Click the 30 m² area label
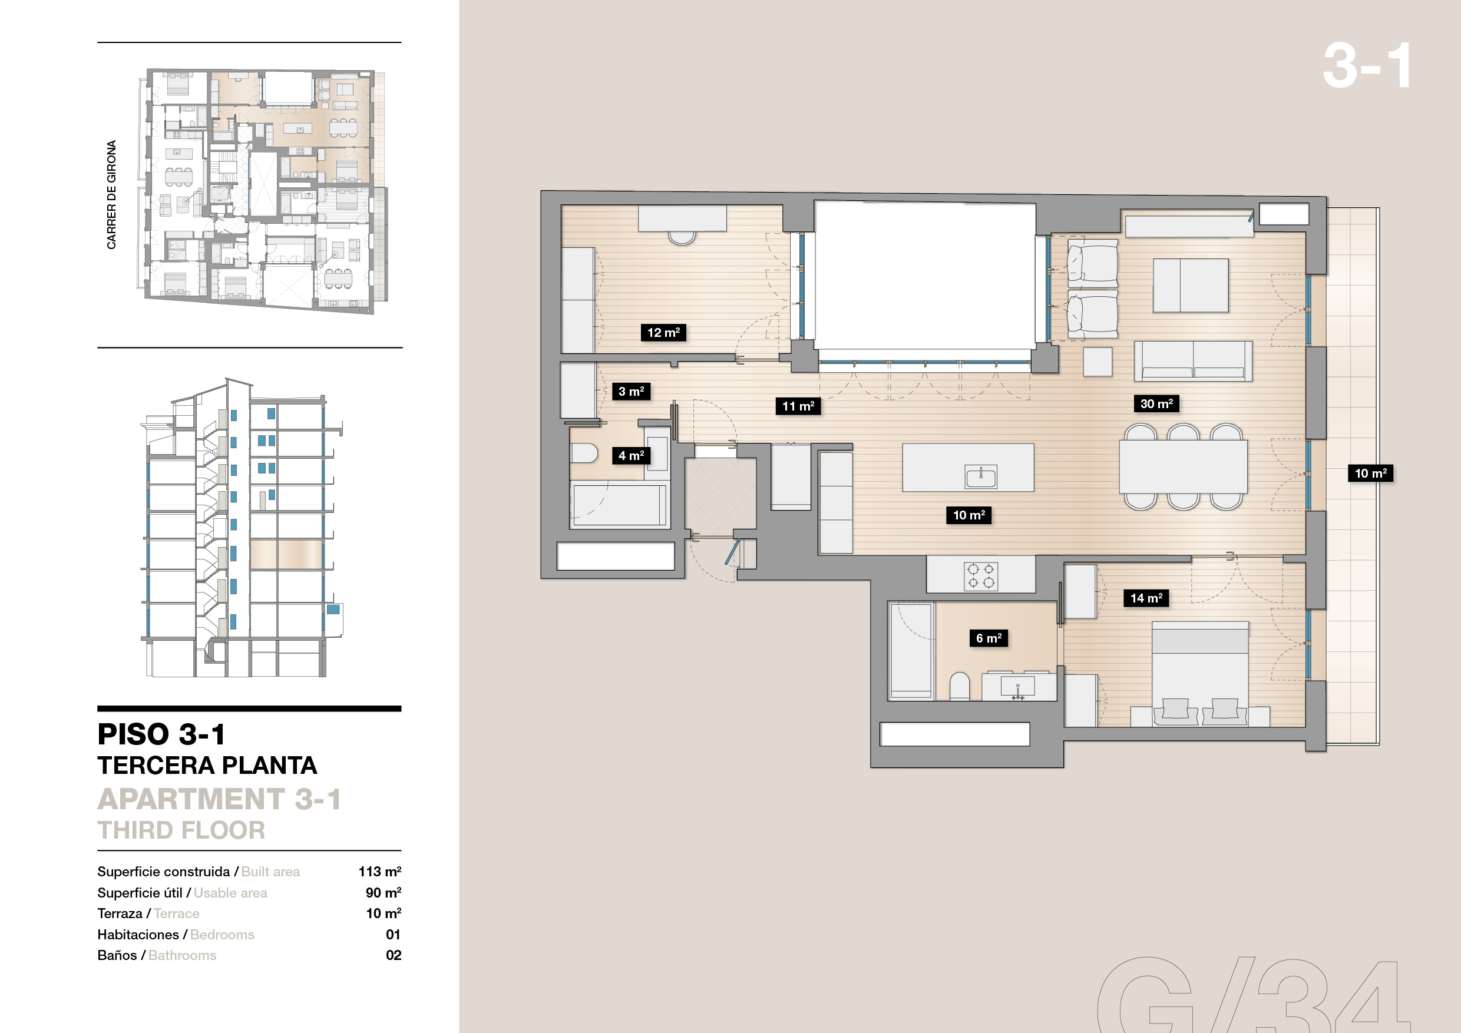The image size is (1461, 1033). pos(1156,403)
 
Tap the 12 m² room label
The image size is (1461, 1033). pos(663,332)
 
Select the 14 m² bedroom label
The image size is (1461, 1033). pos(1146,597)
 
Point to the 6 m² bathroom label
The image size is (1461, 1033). pos(988,637)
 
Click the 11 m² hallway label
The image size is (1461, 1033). pos(798,406)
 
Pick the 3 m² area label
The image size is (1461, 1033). pos(630,391)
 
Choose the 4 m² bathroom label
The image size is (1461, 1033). pos(630,455)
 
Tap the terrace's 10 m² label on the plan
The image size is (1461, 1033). pos(1371,472)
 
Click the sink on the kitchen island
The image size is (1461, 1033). pos(980,476)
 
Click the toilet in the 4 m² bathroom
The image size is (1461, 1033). pos(584,453)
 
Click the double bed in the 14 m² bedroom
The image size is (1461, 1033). pos(1199,674)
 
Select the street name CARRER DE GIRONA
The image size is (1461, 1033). pos(111,194)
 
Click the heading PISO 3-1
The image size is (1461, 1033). pos(161,734)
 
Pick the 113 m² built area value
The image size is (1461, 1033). pos(379,872)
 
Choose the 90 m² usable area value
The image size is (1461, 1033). pos(383,892)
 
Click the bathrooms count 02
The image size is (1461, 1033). pos(394,955)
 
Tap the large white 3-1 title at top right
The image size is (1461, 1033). pos(1367,65)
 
